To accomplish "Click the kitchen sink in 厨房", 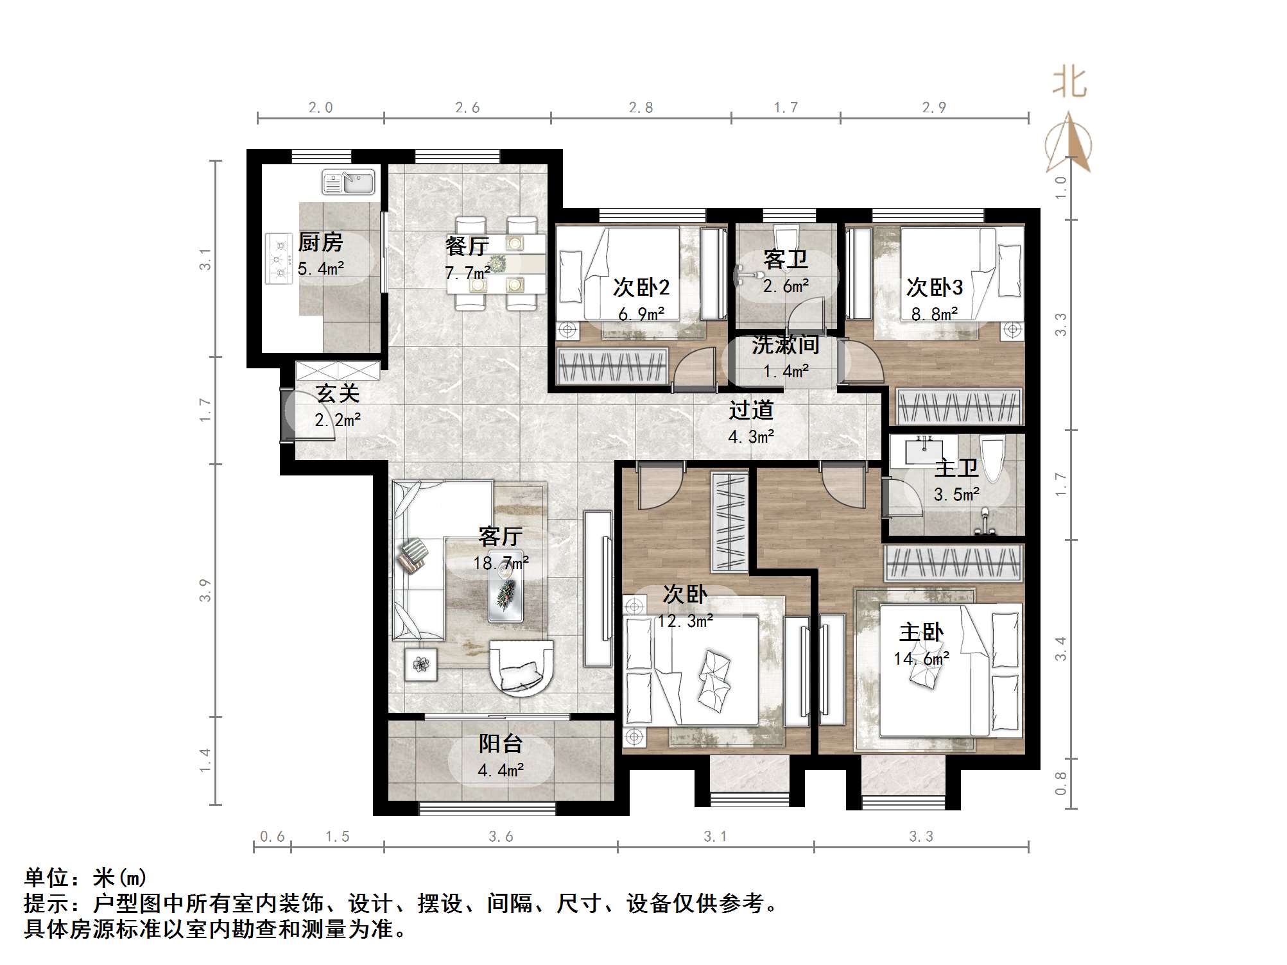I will point(349,182).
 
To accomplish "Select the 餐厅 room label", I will point(467,246).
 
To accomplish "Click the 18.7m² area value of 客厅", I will point(501,563).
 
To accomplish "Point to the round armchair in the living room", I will point(521,668).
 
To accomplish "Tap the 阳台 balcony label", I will point(501,744).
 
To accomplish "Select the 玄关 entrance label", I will point(338,393).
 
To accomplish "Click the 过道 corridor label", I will point(751,410).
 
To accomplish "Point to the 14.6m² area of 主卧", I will point(921,659).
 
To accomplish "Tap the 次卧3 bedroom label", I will point(934,287).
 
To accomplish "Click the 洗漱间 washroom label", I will point(786,345).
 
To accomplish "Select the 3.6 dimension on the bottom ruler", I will point(501,836).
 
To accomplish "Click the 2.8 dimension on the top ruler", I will point(641,108).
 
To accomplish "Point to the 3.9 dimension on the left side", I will point(205,590).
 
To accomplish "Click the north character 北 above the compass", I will point(1069,83).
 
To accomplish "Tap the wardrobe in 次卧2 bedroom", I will point(613,366).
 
